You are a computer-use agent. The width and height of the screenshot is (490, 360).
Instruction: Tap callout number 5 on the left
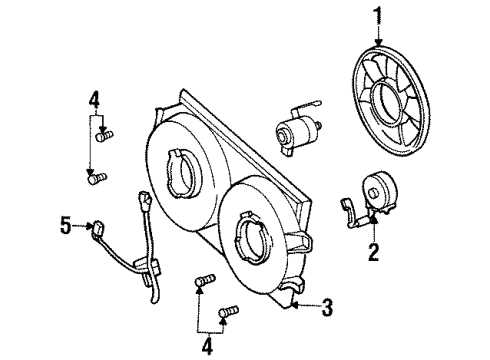(65, 228)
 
